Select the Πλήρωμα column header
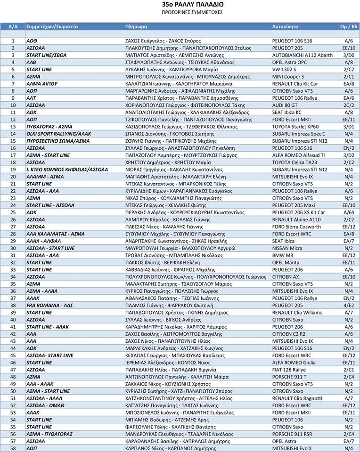(137, 26)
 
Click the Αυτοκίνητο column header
(286, 26)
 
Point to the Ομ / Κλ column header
(349, 26)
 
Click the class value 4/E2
(349, 305)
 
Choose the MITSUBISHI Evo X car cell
(292, 448)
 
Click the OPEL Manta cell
(286, 262)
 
